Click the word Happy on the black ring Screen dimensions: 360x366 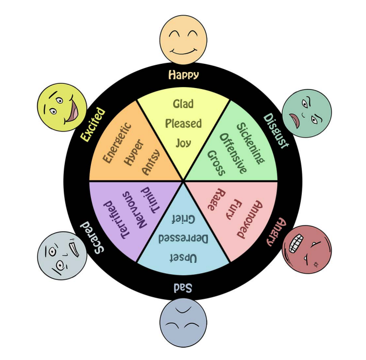(183, 75)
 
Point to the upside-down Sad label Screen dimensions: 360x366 (183, 288)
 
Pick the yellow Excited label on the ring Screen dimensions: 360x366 (92, 125)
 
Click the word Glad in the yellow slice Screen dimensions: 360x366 (183, 103)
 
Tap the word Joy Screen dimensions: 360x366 (183, 143)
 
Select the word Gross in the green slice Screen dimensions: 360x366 (216, 162)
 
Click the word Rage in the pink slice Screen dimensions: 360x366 (214, 200)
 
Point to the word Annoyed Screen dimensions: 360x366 (248, 219)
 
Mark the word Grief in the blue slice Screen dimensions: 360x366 (183, 219)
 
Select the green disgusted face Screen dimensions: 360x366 (307, 114)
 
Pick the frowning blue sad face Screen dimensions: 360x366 (183, 322)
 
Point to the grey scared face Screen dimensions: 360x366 (62, 256)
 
